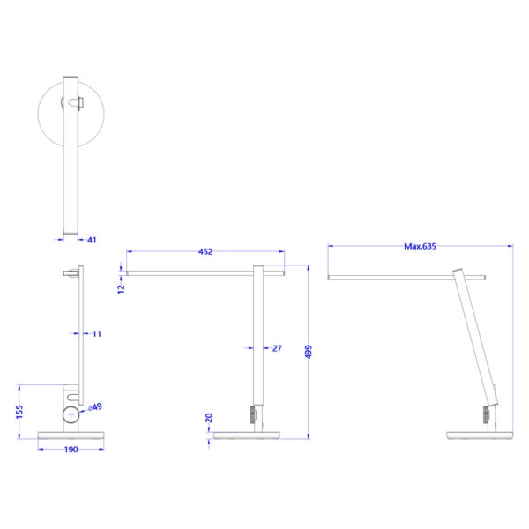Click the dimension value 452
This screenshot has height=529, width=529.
click(x=205, y=252)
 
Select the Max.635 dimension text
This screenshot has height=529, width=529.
click(x=421, y=247)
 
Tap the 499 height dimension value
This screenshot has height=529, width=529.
click(x=309, y=351)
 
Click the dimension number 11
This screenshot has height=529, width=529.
click(x=96, y=334)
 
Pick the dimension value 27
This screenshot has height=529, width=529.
click(x=276, y=349)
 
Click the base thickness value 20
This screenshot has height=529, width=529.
click(x=209, y=418)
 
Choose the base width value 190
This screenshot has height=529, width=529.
click(x=71, y=450)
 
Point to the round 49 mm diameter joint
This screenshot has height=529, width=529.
click(x=71, y=415)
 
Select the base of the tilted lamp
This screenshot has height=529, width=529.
click(x=480, y=436)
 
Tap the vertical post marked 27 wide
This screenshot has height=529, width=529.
click(x=259, y=344)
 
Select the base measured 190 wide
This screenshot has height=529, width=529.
click(x=71, y=436)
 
